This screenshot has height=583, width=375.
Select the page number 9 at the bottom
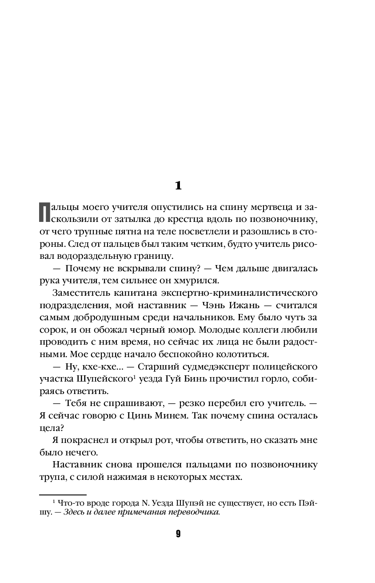178,534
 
